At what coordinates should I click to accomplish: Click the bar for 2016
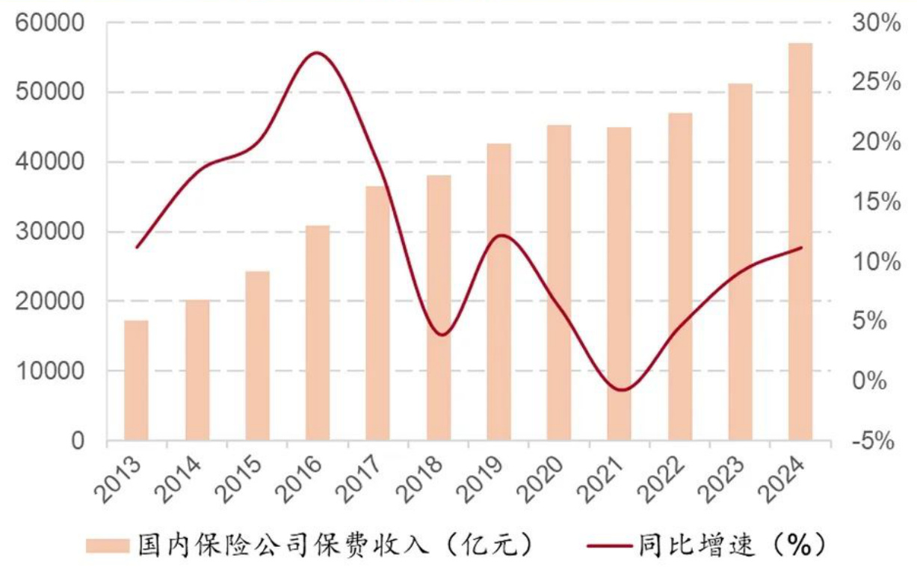click(317, 332)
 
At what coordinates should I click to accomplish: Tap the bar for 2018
click(439, 307)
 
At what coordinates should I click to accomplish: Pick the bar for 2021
click(619, 283)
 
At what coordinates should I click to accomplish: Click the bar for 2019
click(498, 291)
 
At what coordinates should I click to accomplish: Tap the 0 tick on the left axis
click(78, 441)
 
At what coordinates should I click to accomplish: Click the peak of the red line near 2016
click(315, 53)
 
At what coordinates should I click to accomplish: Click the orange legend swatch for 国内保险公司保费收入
click(108, 544)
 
